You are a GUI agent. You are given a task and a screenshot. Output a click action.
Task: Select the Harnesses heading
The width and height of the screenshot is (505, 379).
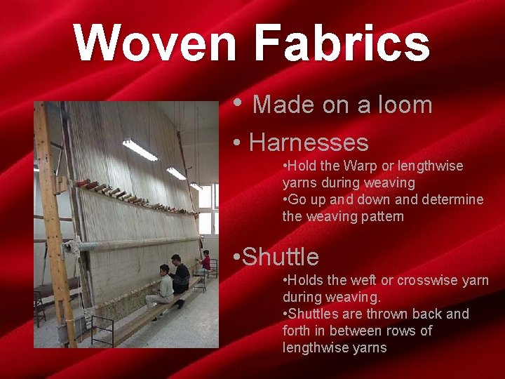point(309,142)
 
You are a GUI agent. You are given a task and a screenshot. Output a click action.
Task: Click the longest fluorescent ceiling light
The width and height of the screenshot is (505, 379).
point(140,149)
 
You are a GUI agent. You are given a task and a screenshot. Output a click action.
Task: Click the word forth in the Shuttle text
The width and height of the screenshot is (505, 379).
point(299,331)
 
